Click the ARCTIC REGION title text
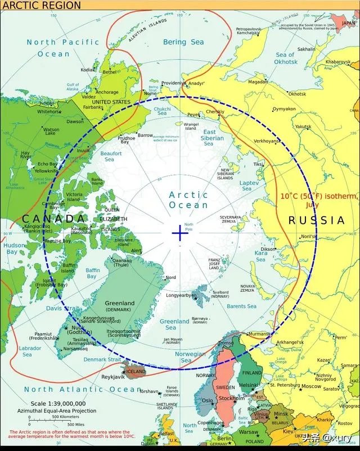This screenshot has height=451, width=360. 41,6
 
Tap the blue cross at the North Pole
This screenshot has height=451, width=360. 180,233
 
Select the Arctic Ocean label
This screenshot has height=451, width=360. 188,200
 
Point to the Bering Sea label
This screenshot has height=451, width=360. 183,42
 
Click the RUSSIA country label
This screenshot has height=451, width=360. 316,221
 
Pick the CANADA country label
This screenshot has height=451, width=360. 54,218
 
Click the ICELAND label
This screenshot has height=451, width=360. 136,372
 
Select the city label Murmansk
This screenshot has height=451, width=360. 259,334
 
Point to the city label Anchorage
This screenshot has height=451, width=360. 107,92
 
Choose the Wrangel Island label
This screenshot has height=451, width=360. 191,125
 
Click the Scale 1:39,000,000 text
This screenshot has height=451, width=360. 58,403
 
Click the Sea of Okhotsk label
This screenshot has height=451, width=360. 286,58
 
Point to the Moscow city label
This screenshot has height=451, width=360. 310,386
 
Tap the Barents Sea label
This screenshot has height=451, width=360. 241,306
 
